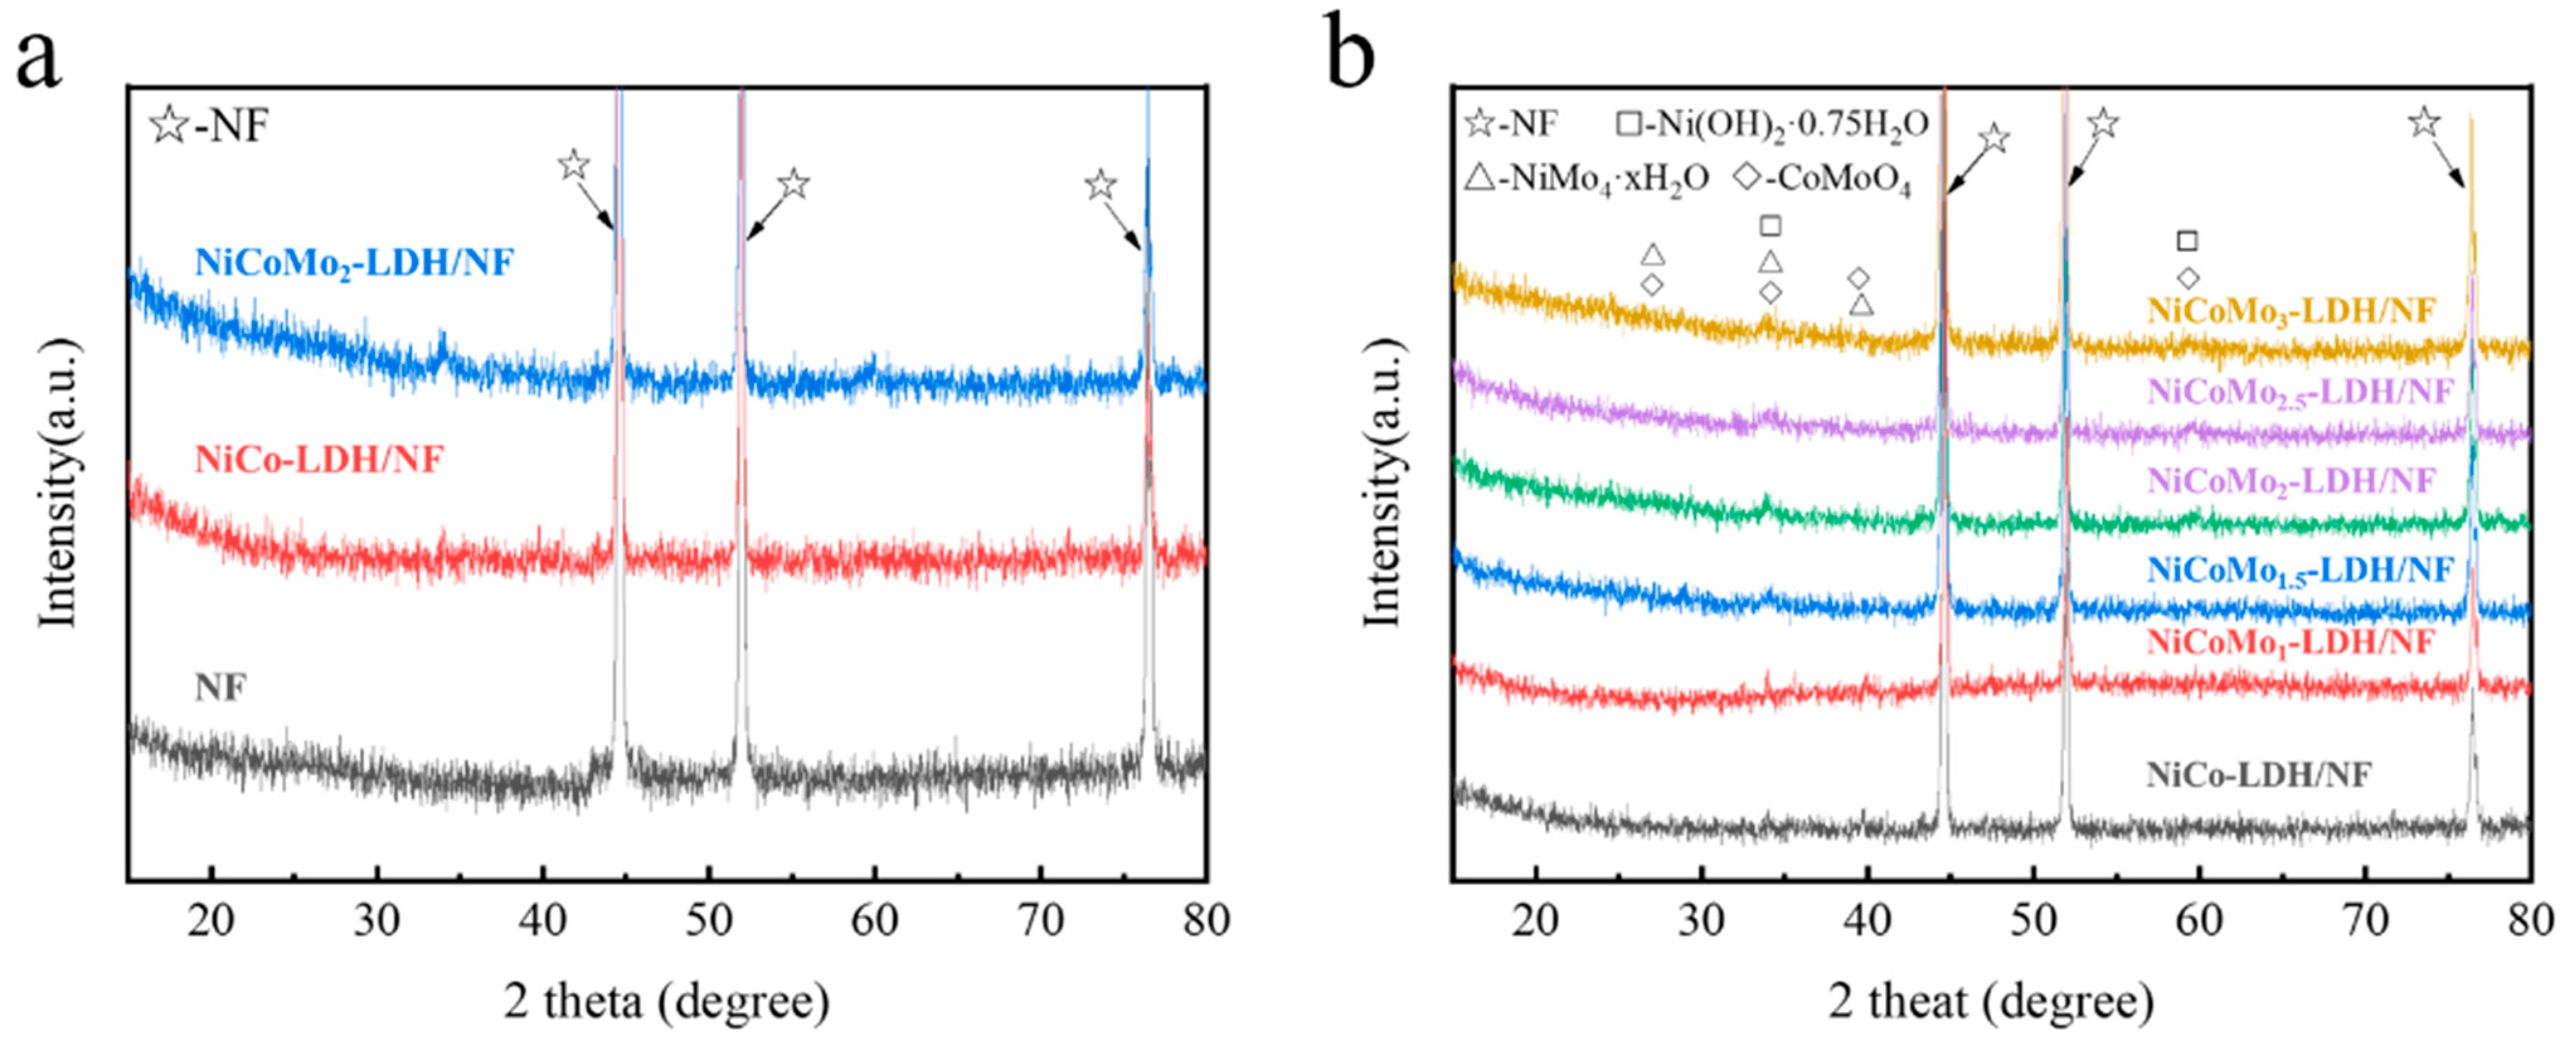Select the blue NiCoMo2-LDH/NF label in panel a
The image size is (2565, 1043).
[354, 264]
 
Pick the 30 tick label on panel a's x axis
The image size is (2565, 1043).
[377, 920]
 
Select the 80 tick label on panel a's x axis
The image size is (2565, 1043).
[1206, 920]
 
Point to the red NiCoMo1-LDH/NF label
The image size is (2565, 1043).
[2290, 642]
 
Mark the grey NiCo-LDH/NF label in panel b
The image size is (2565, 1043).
[2258, 775]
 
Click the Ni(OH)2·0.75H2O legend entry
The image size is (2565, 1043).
[1772, 125]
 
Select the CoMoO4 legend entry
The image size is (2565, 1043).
[1822, 180]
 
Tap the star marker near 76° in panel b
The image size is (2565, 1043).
[2423, 123]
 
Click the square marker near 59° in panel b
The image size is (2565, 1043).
[2187, 241]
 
